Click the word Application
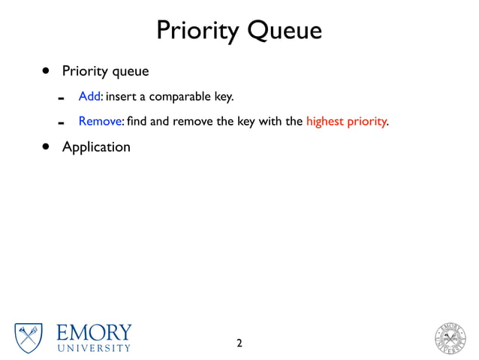click(x=96, y=147)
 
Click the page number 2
click(x=239, y=343)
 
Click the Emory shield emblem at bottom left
click(x=29, y=337)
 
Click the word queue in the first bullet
click(x=130, y=72)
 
